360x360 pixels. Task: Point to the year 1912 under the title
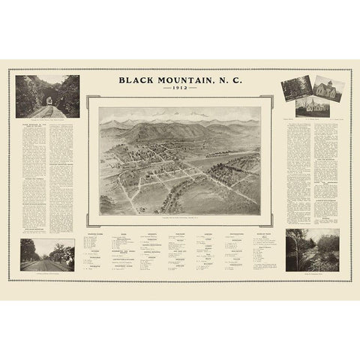tap(180, 88)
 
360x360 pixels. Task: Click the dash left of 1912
tap(167, 88)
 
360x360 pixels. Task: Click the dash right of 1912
tap(193, 88)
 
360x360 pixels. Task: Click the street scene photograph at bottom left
tap(47, 254)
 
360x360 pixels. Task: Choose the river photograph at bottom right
tap(312, 250)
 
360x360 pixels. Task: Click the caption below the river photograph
tap(312, 274)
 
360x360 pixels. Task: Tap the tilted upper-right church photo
tap(329, 87)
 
